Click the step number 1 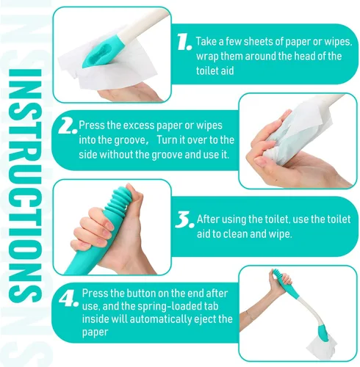point(184,42)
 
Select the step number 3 point(184,219)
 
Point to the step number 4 point(68,299)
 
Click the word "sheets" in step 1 point(258,42)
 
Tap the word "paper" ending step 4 point(95,333)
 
